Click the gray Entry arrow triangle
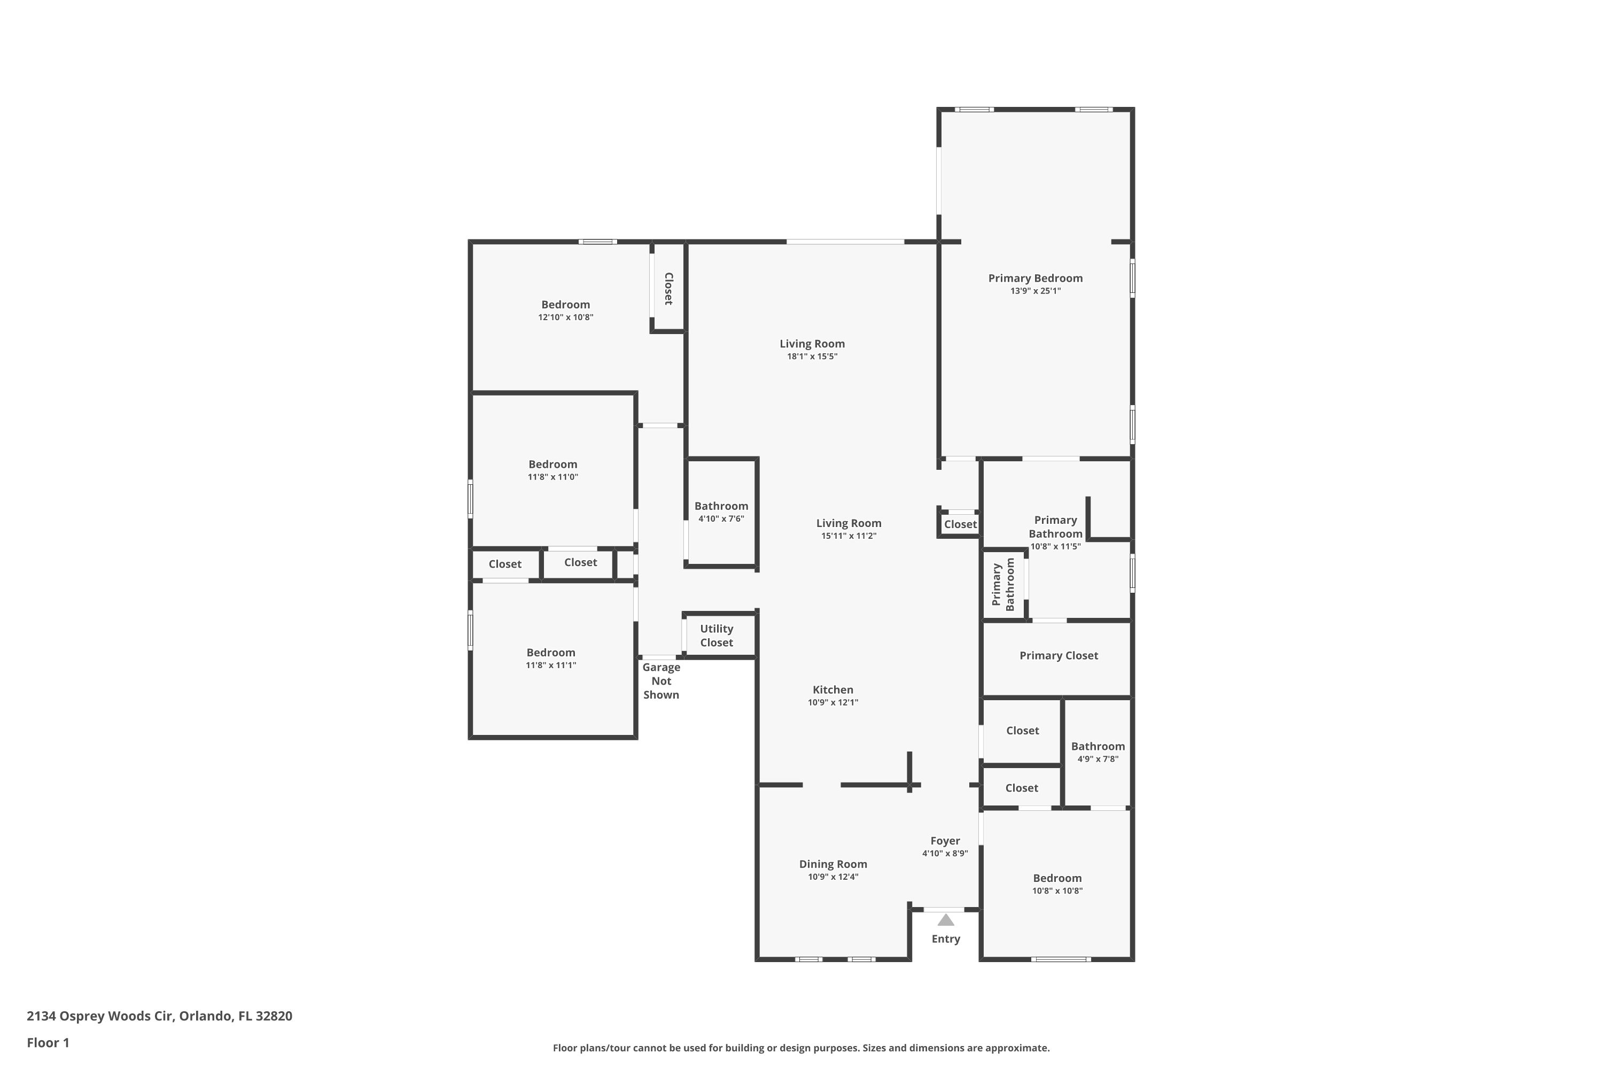pyautogui.click(x=945, y=920)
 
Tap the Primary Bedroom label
pyautogui.click(x=1036, y=278)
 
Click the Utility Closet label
pyautogui.click(x=717, y=636)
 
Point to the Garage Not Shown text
pyautogui.click(x=661, y=681)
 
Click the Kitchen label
pyautogui.click(x=833, y=690)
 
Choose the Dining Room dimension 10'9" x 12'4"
pyautogui.click(x=833, y=877)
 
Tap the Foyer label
pyautogui.click(x=945, y=841)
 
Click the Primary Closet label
pyautogui.click(x=1059, y=656)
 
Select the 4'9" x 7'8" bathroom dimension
pyautogui.click(x=1098, y=759)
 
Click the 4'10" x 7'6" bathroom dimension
pyautogui.click(x=721, y=519)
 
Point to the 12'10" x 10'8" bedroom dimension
pyautogui.click(x=566, y=317)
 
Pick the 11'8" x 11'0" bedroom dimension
pyautogui.click(x=553, y=477)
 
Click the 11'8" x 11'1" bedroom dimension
pyautogui.click(x=551, y=665)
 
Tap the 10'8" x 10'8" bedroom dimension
pyautogui.click(x=1057, y=891)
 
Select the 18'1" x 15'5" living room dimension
pyautogui.click(x=812, y=357)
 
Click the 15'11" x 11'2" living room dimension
pyautogui.click(x=849, y=536)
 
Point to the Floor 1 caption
pyautogui.click(x=48, y=1042)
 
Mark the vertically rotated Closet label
pyautogui.click(x=668, y=289)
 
